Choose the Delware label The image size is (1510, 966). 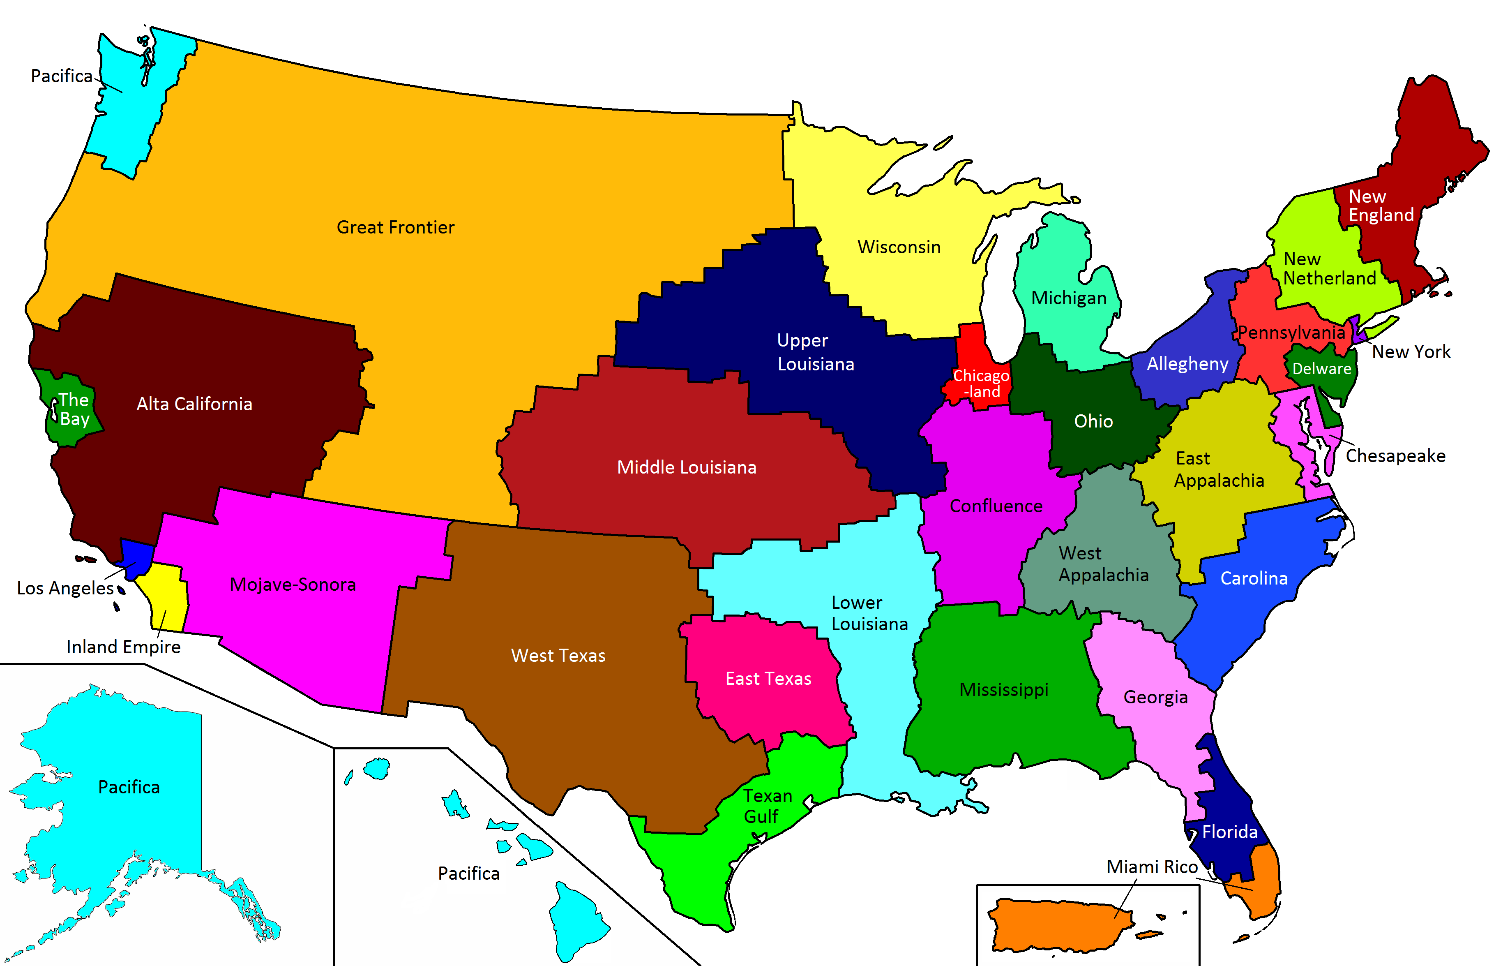click(1321, 369)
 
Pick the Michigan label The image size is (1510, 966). click(1069, 298)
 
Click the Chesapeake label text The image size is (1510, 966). click(1395, 456)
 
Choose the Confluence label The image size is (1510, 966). click(996, 506)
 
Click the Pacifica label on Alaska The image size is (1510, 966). click(129, 787)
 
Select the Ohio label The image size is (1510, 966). click(1093, 421)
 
